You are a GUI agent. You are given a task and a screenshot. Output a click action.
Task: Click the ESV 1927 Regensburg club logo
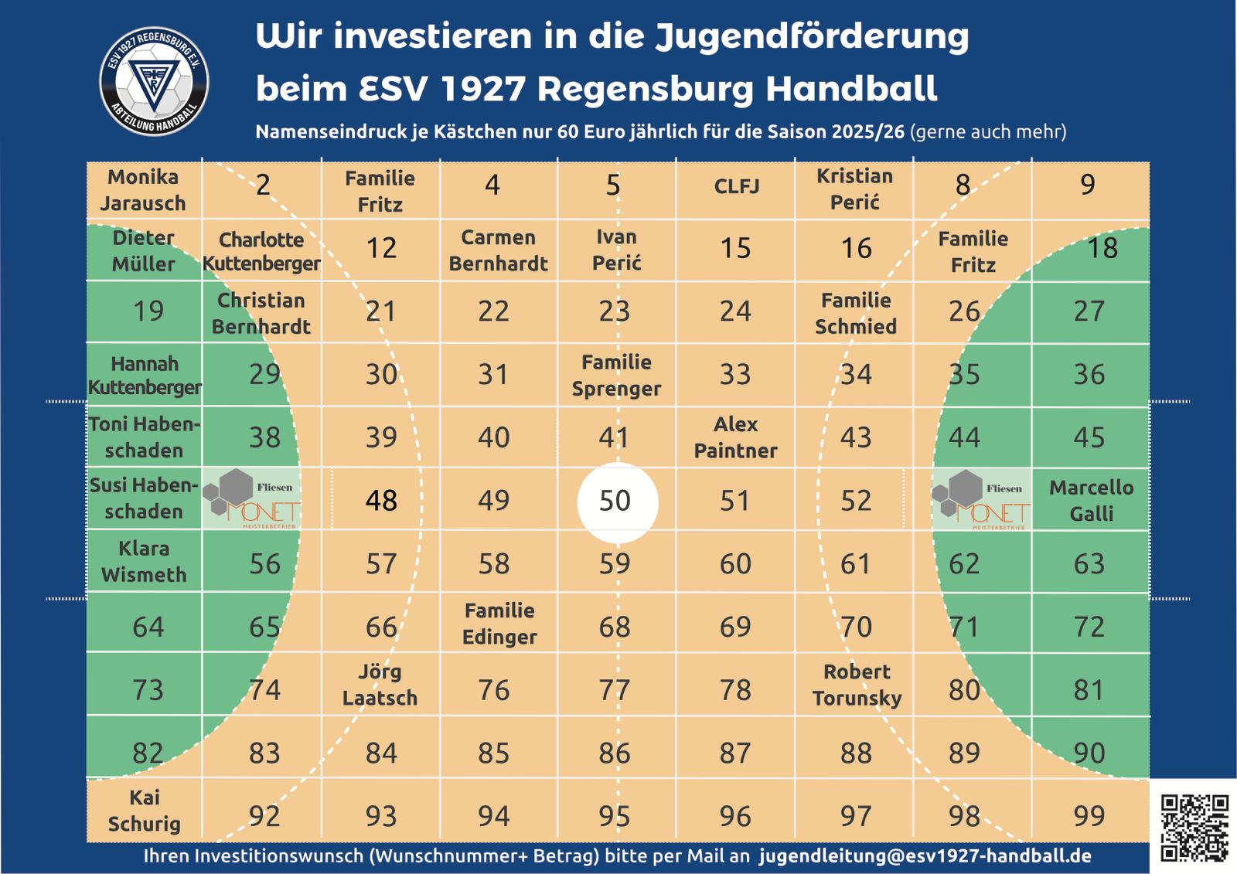155,81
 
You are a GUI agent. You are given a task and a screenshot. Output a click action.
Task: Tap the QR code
1194,827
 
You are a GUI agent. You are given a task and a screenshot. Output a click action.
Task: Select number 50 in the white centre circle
615,501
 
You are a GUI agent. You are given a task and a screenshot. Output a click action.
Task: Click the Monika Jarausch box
144,190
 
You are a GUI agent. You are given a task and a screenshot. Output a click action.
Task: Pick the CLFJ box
736,187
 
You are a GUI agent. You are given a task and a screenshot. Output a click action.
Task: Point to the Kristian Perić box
855,189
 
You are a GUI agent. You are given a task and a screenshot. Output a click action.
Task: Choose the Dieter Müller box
144,251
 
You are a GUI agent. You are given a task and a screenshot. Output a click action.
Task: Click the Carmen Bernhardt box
498,251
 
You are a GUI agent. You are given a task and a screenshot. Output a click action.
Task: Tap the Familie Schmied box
856,313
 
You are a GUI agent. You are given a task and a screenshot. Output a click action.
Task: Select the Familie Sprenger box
616,376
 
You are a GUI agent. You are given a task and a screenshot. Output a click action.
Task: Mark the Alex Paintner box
735,437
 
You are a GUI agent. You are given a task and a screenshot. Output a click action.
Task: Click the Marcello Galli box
1091,501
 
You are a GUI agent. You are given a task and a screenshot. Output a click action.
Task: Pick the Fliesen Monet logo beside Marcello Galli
981,501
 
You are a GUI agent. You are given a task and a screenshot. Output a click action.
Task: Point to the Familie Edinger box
499,624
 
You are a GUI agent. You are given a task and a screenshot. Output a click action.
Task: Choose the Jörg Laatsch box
380,685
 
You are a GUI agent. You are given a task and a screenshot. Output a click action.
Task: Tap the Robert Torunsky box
857,685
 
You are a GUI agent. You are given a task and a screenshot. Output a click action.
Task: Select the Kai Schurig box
144,811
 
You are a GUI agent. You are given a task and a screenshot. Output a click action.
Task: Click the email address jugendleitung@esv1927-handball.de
925,856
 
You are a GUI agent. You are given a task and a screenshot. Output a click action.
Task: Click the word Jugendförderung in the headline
812,37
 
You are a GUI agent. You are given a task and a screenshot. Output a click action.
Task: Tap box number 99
1089,816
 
